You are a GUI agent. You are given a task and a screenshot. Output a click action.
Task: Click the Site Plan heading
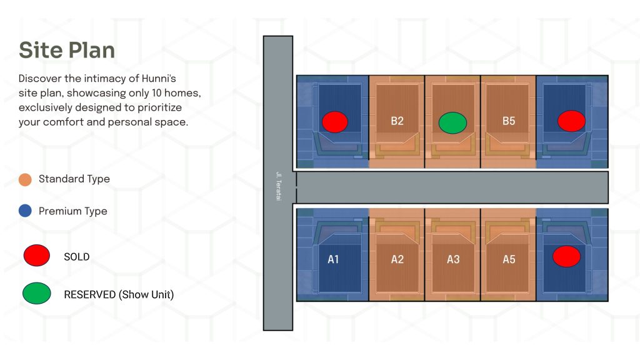(67, 50)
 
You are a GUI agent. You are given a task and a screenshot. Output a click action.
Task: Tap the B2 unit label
(397, 121)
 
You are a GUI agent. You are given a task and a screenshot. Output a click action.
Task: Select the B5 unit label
(509, 121)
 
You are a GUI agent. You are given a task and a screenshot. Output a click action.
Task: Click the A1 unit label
(333, 259)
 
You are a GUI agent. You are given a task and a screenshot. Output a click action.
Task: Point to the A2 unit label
(397, 259)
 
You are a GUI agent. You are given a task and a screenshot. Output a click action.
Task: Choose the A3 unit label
(453, 259)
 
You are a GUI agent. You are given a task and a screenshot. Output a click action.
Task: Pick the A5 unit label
(509, 259)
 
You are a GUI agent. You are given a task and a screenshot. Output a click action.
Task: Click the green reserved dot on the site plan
(452, 123)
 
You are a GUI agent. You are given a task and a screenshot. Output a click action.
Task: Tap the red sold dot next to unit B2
(335, 122)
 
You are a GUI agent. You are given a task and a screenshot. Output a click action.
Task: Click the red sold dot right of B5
(571, 121)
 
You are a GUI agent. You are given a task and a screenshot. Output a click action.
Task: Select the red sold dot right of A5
(566, 256)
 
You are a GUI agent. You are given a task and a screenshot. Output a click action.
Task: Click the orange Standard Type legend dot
(25, 179)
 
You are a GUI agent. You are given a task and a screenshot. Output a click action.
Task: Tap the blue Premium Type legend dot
(25, 211)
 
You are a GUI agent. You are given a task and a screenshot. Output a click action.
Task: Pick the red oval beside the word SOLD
(37, 256)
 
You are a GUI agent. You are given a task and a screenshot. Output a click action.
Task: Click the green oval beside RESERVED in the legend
(37, 293)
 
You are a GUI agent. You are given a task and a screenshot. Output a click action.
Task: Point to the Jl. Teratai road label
(279, 186)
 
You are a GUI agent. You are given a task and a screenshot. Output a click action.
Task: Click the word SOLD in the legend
(77, 257)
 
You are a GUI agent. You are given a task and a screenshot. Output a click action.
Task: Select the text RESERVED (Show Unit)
(119, 295)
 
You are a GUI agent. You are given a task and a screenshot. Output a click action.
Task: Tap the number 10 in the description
(157, 93)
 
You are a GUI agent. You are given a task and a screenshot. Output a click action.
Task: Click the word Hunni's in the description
(159, 78)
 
